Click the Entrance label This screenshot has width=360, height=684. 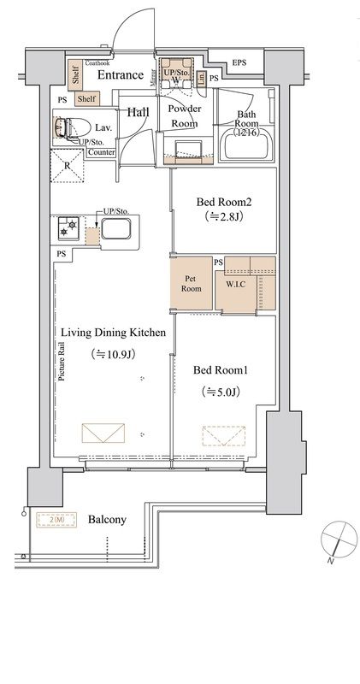tap(120, 75)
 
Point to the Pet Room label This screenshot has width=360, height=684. tap(192, 283)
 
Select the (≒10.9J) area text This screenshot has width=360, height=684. tap(112, 353)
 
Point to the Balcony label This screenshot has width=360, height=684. tap(108, 519)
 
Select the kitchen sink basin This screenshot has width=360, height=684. tap(115, 230)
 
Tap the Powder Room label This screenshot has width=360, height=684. tap(183, 116)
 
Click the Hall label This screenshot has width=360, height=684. tap(138, 112)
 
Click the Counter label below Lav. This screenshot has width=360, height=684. tap(101, 151)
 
